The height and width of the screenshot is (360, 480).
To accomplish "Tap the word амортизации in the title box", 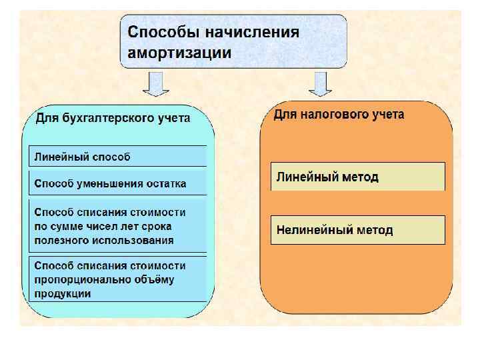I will pyautogui.click(x=179, y=53).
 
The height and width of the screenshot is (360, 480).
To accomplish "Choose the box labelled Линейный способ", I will pyautogui.click(x=117, y=157).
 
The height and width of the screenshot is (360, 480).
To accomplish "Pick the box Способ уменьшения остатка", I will pyautogui.click(x=117, y=183).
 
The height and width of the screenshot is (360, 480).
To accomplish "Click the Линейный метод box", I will pyautogui.click(x=357, y=177).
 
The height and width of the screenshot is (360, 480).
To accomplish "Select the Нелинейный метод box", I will pyautogui.click(x=357, y=230).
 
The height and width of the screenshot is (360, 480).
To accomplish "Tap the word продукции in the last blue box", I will pyautogui.click(x=63, y=293).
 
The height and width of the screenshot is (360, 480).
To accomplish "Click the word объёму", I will pyautogui.click(x=155, y=279).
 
